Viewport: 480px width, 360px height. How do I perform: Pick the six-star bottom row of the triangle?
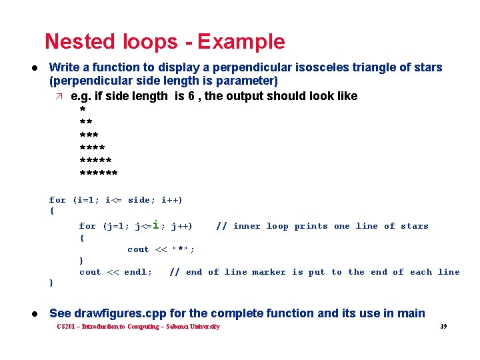click(98, 175)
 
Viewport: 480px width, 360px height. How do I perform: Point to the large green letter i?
click(155, 225)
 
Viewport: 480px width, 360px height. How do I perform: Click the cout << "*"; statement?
click(161, 249)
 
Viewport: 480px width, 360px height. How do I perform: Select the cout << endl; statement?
click(115, 272)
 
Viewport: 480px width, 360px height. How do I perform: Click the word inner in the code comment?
click(247, 226)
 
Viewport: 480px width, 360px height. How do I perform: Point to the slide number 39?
click(443, 327)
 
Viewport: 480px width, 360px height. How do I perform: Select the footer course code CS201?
click(66, 327)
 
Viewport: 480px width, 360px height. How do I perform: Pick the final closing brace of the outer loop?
click(51, 283)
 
